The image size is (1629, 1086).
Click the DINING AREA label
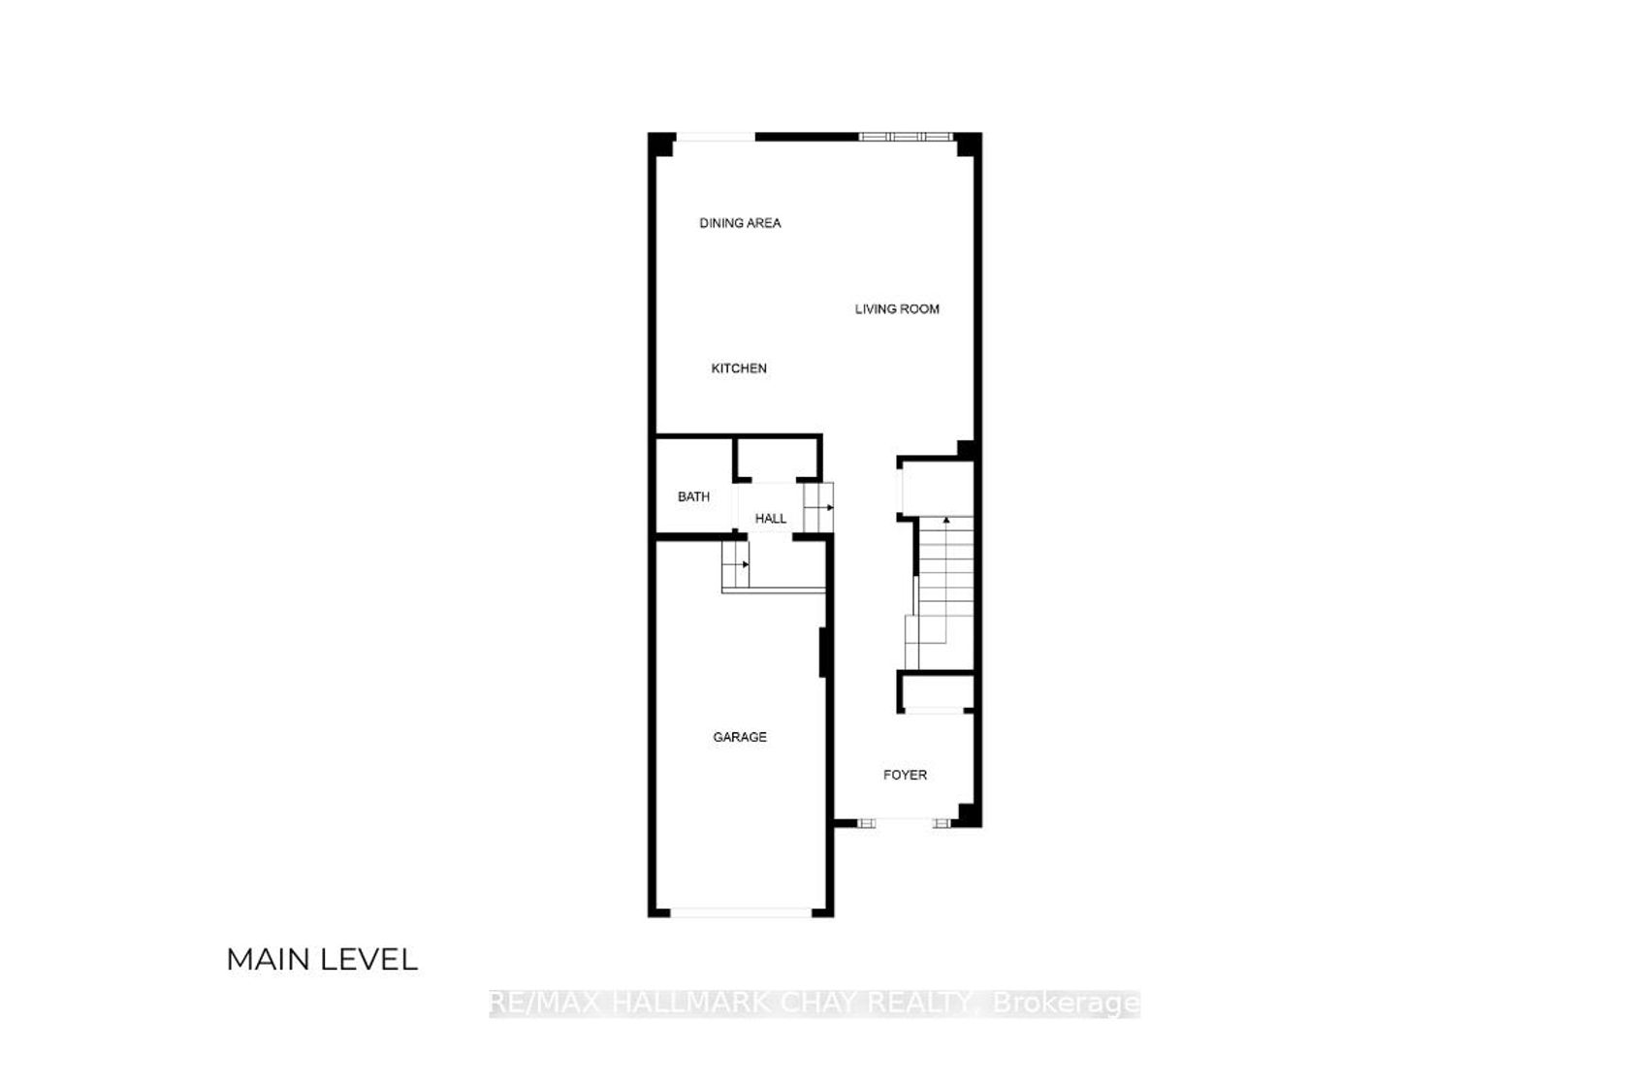[741, 223]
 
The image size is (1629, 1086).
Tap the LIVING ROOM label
[897, 309]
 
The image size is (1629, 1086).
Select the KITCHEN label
[739, 368]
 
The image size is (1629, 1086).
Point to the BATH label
[694, 496]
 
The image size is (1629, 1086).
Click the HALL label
[770, 519]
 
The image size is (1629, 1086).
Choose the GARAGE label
[740, 738]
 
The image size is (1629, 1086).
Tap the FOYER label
[906, 776]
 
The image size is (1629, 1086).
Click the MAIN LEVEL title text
[322, 960]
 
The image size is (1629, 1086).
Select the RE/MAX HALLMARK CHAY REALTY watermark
[814, 1004]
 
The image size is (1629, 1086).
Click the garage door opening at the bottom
[741, 912]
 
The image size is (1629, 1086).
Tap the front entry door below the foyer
[904, 823]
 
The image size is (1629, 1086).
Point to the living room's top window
[906, 137]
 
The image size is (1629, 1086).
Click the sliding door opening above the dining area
[716, 137]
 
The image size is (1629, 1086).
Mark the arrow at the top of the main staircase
[946, 520]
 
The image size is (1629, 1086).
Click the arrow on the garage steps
[745, 563]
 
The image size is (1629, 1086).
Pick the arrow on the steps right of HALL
[830, 507]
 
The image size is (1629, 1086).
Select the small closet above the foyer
[937, 692]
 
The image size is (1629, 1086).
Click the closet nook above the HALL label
[777, 460]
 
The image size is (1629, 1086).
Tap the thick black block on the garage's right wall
[823, 653]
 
